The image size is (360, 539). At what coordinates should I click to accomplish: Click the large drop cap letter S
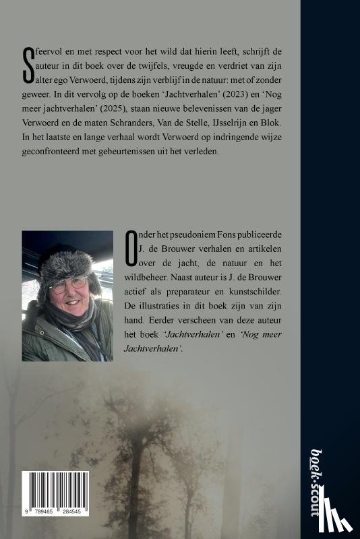point(28,67)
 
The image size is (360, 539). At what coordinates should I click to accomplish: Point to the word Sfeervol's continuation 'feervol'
point(49,53)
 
